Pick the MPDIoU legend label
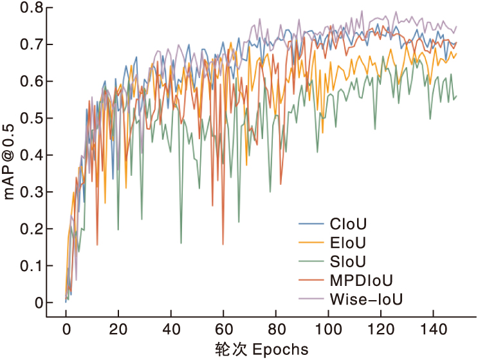(361, 280)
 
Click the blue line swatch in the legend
(311, 225)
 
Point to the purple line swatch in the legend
(311, 299)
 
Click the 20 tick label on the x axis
(118, 329)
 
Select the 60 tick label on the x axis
(223, 329)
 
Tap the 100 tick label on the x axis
(328, 329)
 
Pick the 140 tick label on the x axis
(433, 329)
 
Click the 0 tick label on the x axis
(66, 329)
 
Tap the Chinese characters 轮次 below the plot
(229, 350)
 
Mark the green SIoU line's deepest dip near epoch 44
(181, 243)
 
